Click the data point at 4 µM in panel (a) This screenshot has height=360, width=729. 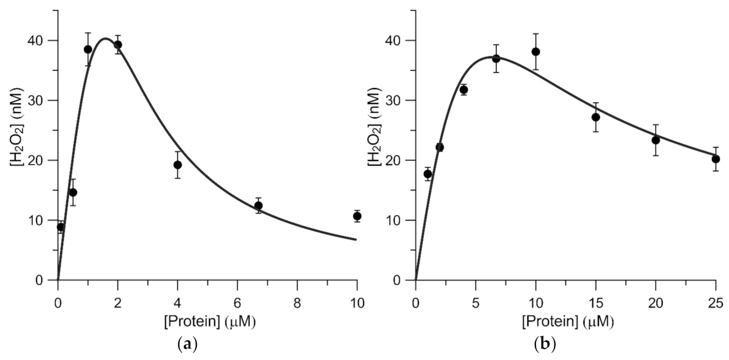177,165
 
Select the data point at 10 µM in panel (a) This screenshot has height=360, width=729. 357,216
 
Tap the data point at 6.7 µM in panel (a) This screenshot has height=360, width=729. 258,206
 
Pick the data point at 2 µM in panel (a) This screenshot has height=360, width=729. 118,45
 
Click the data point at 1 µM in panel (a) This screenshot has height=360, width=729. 88,49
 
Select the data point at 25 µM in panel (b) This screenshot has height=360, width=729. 715,159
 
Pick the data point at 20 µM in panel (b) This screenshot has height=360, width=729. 655,140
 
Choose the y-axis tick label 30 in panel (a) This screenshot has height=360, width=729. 41,101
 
